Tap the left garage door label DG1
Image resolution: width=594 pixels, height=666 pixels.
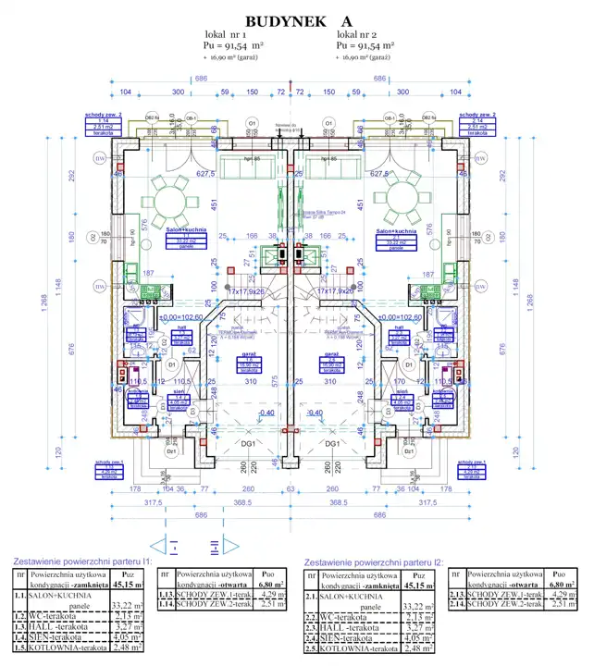(x=249, y=443)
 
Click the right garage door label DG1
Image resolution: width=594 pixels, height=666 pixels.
(x=330, y=443)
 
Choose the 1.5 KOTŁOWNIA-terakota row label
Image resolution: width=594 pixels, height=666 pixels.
(x=68, y=648)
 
